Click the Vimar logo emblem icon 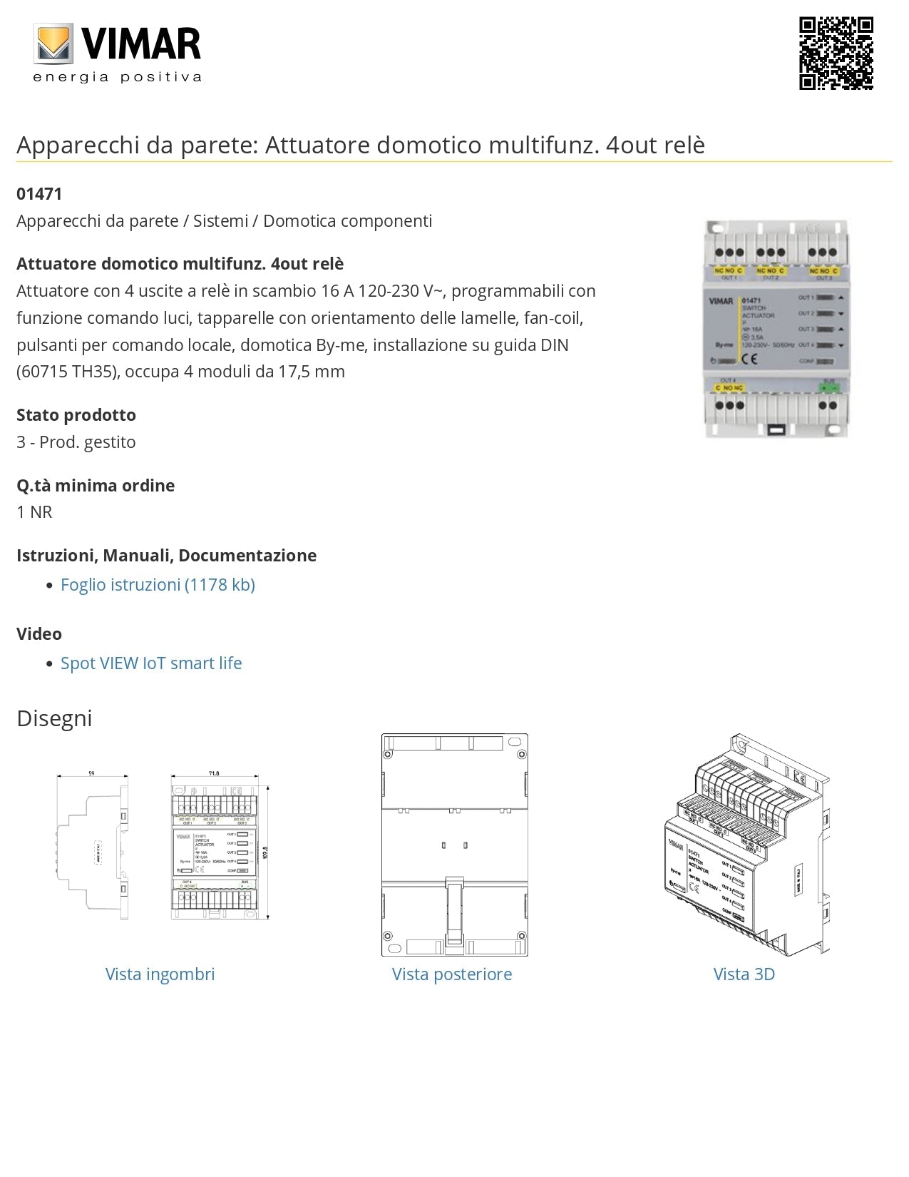pyautogui.click(x=55, y=44)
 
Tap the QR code pyautogui.click(x=836, y=53)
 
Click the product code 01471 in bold pyautogui.click(x=39, y=194)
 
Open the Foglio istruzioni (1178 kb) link pyautogui.click(x=158, y=585)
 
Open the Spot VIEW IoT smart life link pyautogui.click(x=151, y=663)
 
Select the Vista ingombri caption pyautogui.click(x=160, y=974)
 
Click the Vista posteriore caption pyautogui.click(x=452, y=974)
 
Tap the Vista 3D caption pyautogui.click(x=744, y=974)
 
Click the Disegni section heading pyautogui.click(x=54, y=718)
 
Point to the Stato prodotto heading pyautogui.click(x=76, y=415)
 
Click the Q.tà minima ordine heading pyautogui.click(x=96, y=486)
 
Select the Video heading pyautogui.click(x=39, y=634)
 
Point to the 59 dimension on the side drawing pyautogui.click(x=91, y=773)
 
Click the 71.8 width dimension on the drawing pyautogui.click(x=214, y=773)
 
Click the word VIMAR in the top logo pyautogui.click(x=141, y=44)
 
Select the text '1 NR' pyautogui.click(x=34, y=512)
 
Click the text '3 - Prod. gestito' pyautogui.click(x=76, y=442)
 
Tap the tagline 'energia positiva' pyautogui.click(x=118, y=77)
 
